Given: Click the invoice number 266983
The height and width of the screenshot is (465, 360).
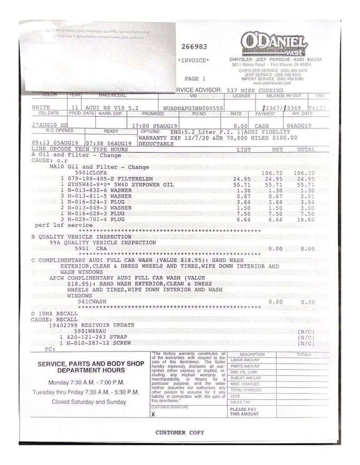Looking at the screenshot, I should coord(194,46).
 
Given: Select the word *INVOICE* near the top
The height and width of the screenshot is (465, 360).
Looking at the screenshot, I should coord(194,60).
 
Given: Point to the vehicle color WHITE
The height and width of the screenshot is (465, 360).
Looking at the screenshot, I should coord(41,108).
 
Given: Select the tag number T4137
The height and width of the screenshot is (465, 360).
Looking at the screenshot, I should coord(316,108).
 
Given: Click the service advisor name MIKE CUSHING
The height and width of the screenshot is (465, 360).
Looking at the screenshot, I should coord(264,90).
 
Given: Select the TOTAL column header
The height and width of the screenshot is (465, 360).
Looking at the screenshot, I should coord(305,149).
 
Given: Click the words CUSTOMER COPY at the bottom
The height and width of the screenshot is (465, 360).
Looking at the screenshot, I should coord(180,432).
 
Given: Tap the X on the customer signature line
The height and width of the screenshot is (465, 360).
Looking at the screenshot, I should coord(153,414).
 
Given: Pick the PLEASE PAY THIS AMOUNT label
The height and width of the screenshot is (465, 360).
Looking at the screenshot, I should coord(244,411).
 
